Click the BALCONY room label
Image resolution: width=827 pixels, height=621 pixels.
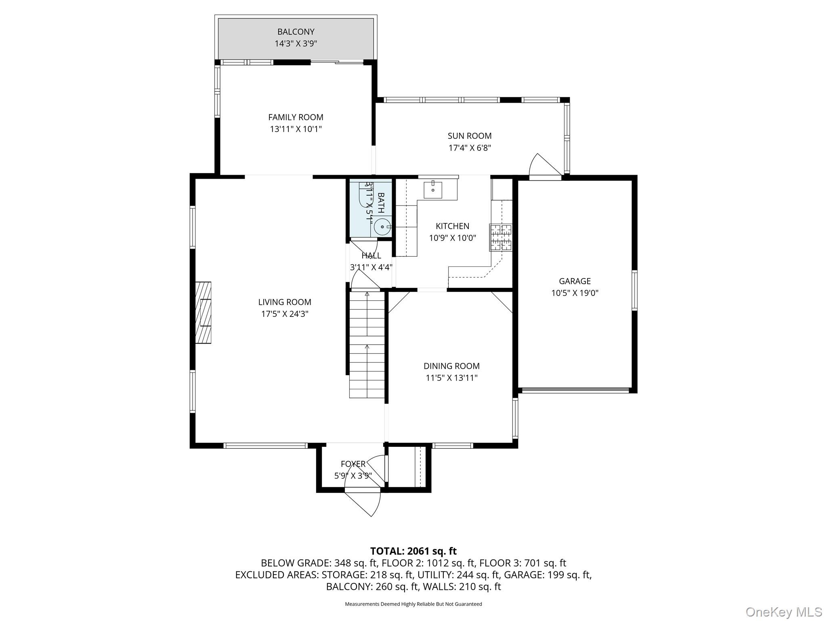point(296,32)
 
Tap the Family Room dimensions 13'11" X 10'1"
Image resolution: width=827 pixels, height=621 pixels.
point(296,129)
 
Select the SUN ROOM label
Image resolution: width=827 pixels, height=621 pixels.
point(469,136)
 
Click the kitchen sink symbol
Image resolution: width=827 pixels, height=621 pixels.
point(433,190)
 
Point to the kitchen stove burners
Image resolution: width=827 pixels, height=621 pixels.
point(501,237)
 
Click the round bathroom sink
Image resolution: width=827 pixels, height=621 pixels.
point(382,227)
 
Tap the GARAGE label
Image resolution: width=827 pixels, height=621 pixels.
point(574,281)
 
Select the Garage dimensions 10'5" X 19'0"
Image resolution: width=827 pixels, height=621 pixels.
point(574,293)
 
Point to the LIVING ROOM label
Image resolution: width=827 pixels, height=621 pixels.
point(285,302)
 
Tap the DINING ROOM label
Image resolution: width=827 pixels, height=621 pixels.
point(451,366)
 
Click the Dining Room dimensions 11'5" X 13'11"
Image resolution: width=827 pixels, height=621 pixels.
point(451,378)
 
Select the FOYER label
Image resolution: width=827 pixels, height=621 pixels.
point(353,464)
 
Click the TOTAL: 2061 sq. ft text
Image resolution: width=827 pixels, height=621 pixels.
point(413,551)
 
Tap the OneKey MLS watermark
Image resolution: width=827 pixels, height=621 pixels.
point(783,612)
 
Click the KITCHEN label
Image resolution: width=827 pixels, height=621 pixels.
point(452,226)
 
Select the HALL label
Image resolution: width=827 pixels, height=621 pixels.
point(371,256)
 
